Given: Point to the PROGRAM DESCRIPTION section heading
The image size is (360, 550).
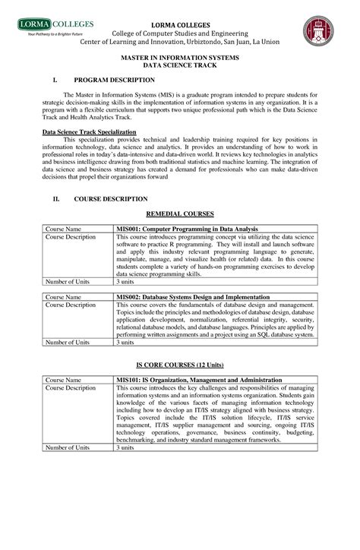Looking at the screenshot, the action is click(x=114, y=80).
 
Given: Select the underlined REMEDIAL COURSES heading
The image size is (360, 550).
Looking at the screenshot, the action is click(x=179, y=215).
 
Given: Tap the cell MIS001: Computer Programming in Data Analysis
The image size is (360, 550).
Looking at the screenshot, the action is click(x=187, y=229).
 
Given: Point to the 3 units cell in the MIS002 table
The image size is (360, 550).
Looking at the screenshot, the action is click(x=125, y=343).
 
